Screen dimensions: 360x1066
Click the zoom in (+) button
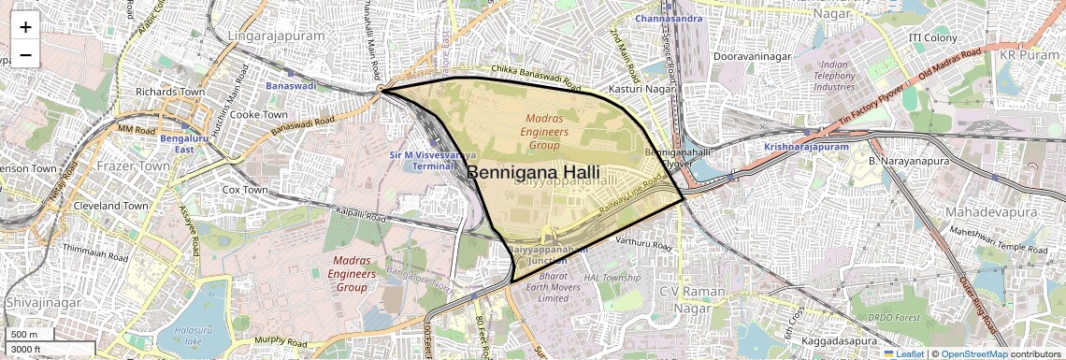tap(25, 26)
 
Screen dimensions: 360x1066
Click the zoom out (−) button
tap(25, 54)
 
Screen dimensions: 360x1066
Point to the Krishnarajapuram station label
tap(805, 147)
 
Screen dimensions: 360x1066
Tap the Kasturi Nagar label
tap(641, 88)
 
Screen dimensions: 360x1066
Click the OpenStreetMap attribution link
tap(973, 353)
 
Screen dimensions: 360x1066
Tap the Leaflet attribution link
tap(903, 353)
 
